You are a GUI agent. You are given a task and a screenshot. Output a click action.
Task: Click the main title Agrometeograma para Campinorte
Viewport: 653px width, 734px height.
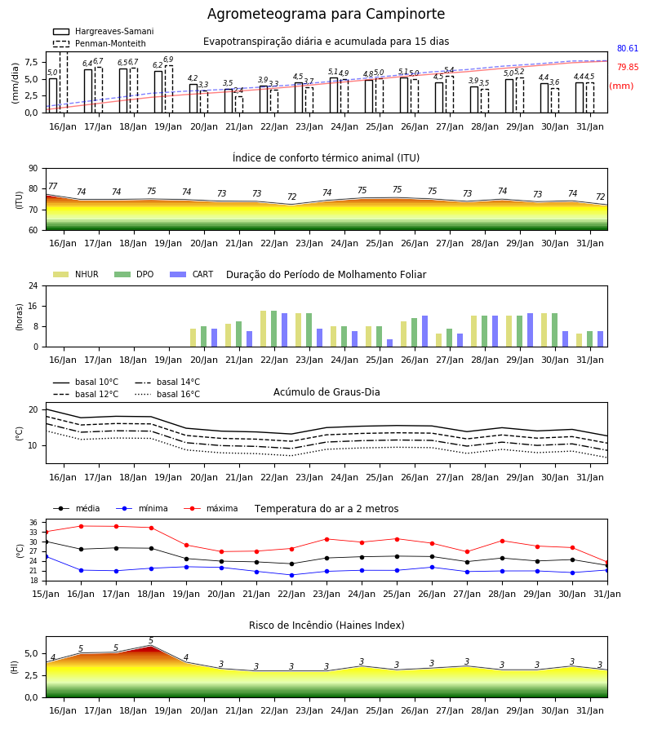[326, 14]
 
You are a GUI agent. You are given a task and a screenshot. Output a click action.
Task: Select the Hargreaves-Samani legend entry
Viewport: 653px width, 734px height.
[103, 31]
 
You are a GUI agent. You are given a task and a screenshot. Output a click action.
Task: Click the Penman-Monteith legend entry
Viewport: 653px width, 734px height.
[100, 43]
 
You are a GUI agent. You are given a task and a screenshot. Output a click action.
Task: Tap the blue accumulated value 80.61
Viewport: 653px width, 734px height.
[628, 48]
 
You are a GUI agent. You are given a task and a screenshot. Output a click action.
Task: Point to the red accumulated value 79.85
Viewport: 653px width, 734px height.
[628, 67]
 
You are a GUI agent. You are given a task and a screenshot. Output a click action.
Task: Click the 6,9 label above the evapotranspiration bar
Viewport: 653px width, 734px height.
[168, 60]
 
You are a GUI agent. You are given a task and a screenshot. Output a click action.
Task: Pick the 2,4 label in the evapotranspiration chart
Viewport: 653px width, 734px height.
[238, 91]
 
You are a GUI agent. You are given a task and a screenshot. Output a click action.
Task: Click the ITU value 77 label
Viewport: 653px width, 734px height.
[52, 186]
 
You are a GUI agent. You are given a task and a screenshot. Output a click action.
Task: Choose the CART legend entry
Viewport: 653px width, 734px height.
[192, 274]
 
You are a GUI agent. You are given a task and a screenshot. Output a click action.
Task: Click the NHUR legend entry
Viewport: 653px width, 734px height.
[76, 274]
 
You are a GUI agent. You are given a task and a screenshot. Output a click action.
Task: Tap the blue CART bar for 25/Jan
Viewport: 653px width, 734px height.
[389, 343]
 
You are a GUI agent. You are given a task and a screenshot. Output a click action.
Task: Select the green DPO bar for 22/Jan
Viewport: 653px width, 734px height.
[274, 329]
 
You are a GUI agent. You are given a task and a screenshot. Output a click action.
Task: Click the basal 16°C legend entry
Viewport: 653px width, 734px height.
[167, 394]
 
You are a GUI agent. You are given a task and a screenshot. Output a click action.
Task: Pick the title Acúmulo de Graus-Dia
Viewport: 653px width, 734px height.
[326, 392]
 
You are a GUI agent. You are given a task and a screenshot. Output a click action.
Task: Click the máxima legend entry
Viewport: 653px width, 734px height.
[211, 508]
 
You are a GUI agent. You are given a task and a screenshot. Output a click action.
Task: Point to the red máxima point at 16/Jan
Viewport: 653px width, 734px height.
[81, 526]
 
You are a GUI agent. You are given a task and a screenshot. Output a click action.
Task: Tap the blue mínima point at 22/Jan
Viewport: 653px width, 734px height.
[292, 575]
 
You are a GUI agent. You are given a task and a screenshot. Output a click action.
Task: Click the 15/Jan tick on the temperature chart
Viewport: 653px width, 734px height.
[46, 594]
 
